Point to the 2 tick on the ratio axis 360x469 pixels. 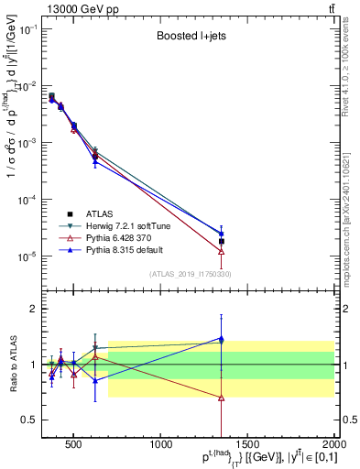(x=33, y=309)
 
